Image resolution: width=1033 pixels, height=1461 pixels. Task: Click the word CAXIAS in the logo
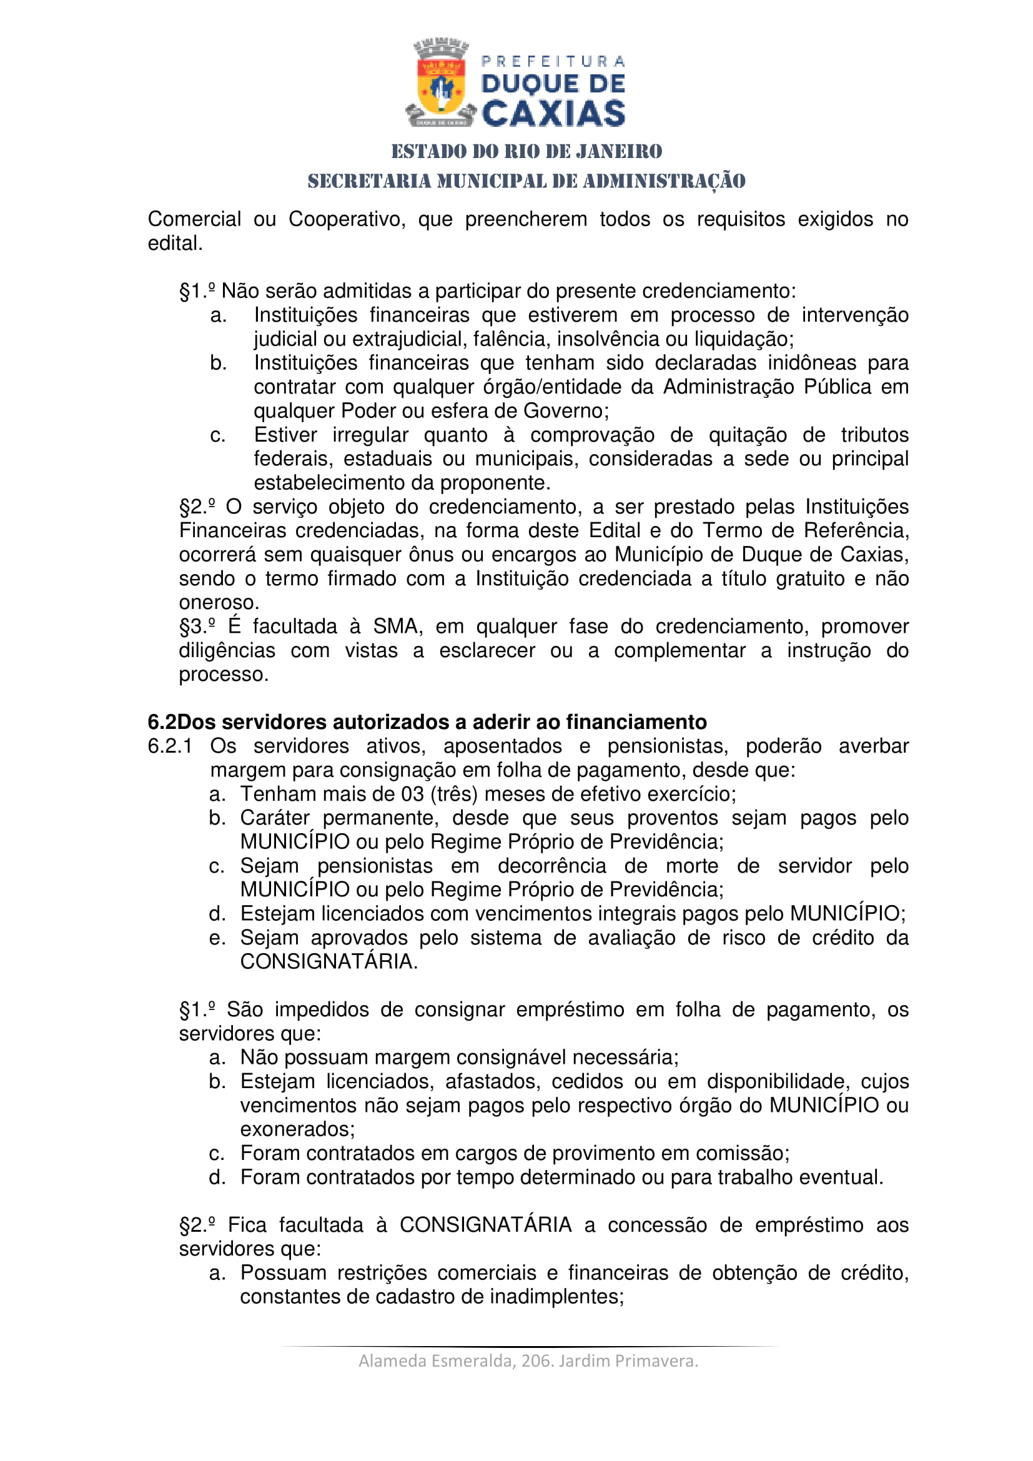[553, 114]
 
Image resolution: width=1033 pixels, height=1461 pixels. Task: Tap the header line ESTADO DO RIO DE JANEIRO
[526, 151]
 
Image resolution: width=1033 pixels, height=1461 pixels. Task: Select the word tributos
[874, 435]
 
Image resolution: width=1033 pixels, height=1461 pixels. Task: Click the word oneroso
[218, 602]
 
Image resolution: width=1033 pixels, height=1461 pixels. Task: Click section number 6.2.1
[170, 746]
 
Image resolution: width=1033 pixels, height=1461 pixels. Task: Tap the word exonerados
[297, 1129]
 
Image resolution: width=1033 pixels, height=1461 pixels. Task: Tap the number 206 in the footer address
[533, 1360]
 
